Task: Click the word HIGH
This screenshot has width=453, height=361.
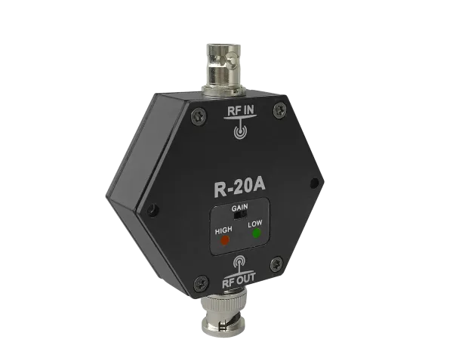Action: [223, 231]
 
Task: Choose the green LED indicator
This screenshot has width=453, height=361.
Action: [257, 234]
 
